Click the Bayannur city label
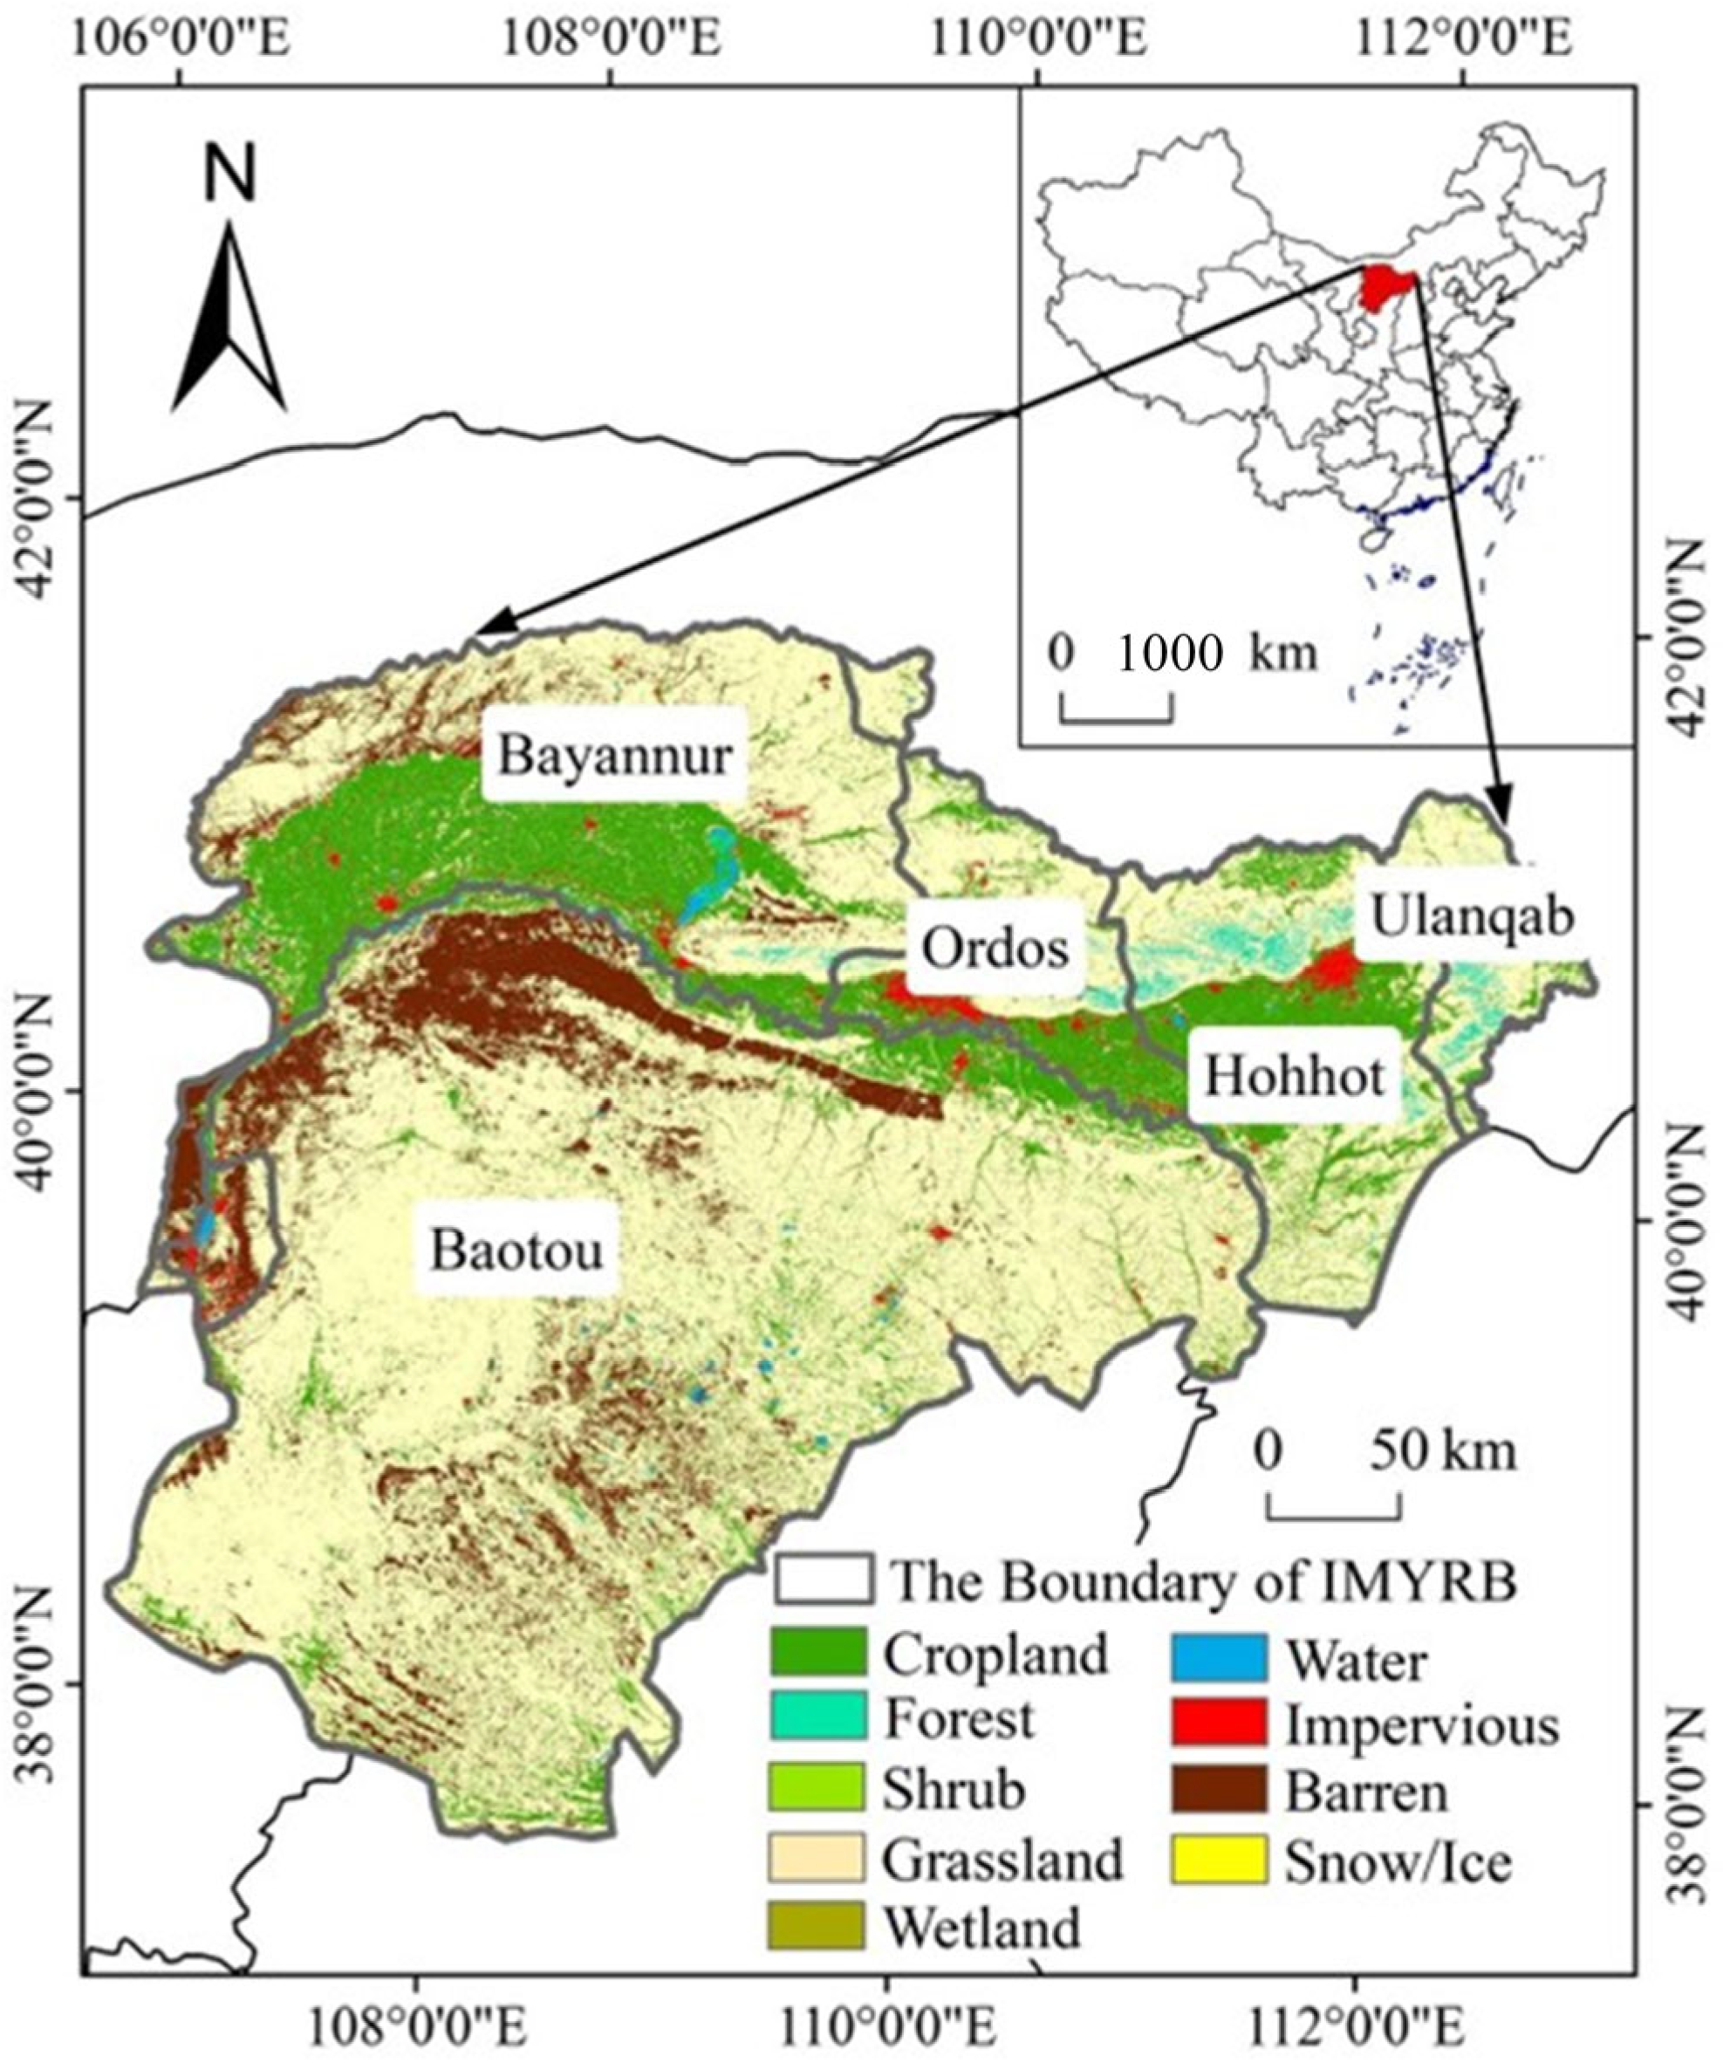615,756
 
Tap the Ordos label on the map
995,949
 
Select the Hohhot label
1294,1076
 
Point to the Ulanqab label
1472,915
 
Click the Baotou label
516,1251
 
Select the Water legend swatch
1218,1656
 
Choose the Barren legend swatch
1218,1790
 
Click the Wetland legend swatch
818,1923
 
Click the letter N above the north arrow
229,172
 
